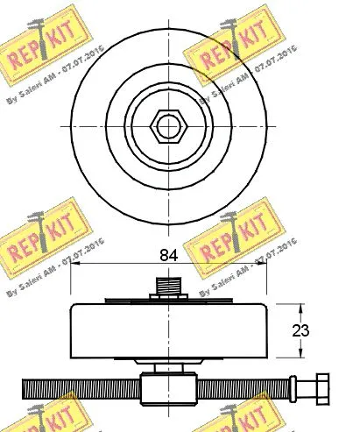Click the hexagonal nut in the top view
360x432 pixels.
[x=166, y=128]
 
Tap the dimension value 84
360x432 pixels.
[x=167, y=256]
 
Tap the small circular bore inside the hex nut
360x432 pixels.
[x=166, y=128]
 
